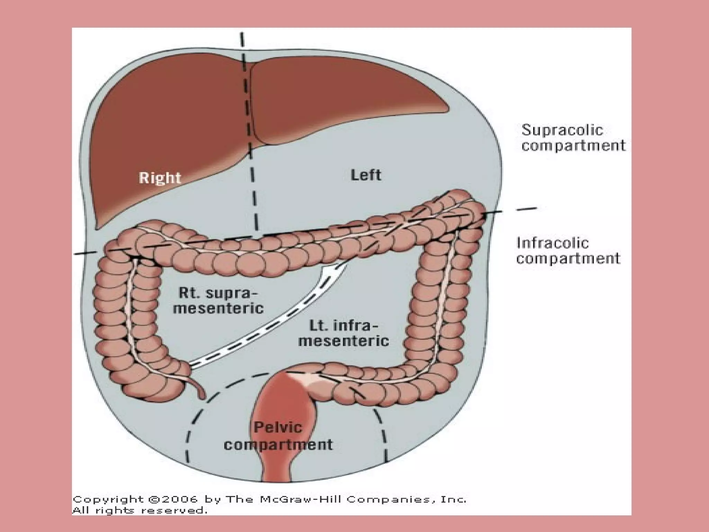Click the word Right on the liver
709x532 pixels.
click(x=160, y=178)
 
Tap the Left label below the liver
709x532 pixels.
click(x=366, y=175)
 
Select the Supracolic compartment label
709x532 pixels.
click(x=573, y=138)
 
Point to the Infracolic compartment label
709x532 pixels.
click(x=568, y=250)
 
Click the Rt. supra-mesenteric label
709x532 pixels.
click(x=218, y=300)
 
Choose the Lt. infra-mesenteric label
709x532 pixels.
click(x=343, y=334)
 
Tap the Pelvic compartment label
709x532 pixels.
click(x=278, y=436)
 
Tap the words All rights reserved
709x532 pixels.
click(x=140, y=510)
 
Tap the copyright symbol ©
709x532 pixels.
click(x=152, y=499)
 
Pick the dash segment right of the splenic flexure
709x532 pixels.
click(x=526, y=209)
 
